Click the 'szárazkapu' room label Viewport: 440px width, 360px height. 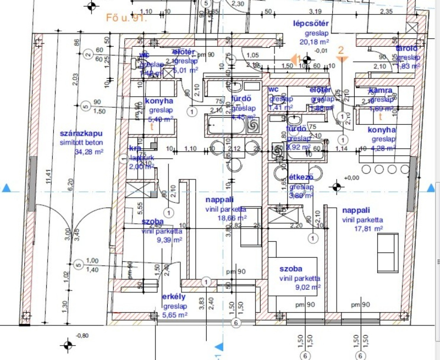pyautogui.click(x=81, y=134)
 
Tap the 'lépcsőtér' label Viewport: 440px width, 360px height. pyautogui.click(x=311, y=23)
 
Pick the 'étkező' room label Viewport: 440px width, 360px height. pyautogui.click(x=301, y=177)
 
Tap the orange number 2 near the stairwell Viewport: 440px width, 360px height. pyautogui.click(x=341, y=50)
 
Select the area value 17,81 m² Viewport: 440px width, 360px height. pyautogui.click(x=362, y=228)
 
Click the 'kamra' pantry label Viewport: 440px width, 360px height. pyautogui.click(x=381, y=90)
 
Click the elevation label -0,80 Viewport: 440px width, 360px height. pyautogui.click(x=82, y=335)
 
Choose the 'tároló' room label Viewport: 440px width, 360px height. pyautogui.click(x=408, y=48)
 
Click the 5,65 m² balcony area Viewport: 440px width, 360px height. pyautogui.click(x=175, y=315)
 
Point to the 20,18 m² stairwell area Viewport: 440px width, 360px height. pyautogui.click(x=314, y=41)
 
